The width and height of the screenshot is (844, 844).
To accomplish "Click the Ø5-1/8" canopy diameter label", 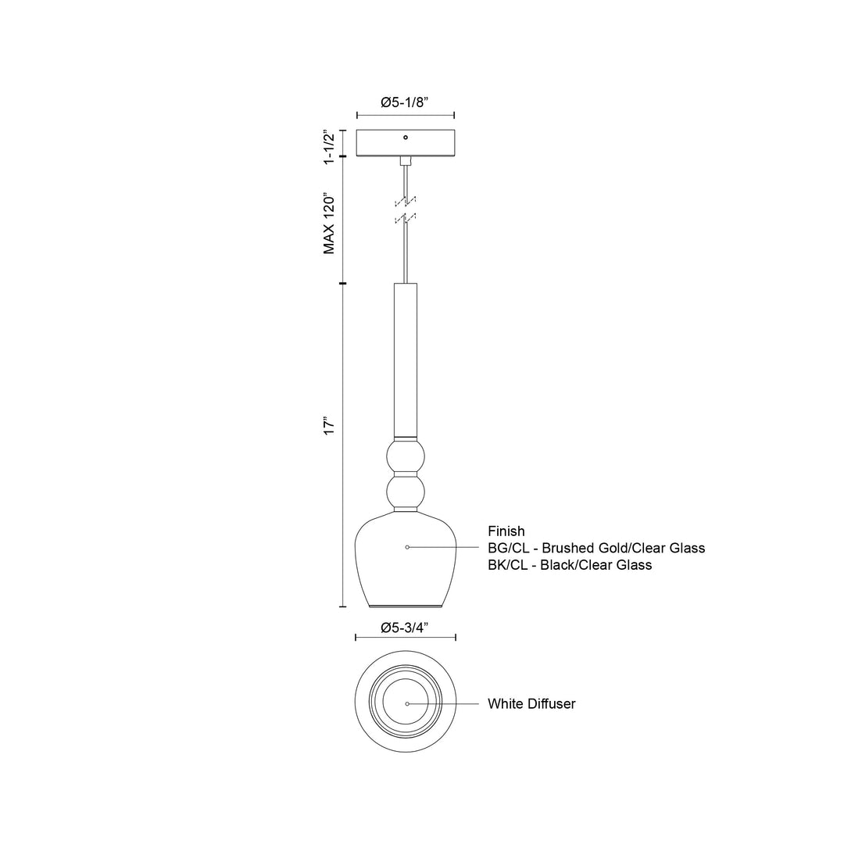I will [406, 102].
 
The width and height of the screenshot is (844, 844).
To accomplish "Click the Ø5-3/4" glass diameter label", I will [406, 627].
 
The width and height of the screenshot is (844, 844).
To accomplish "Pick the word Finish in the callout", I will [506, 531].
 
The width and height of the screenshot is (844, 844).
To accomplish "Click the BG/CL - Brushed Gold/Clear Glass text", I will [596, 548].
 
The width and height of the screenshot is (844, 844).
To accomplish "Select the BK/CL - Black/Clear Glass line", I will [570, 564].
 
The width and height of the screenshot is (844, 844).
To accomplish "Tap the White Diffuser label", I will [531, 703].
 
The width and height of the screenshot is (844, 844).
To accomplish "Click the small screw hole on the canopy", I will [406, 138].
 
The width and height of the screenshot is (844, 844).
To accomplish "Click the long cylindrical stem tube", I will [406, 359].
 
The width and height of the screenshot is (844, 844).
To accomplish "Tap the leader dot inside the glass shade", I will [407, 547].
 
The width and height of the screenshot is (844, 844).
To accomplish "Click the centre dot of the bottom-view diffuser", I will [407, 703].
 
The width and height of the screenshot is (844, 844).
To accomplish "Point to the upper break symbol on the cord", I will [406, 201].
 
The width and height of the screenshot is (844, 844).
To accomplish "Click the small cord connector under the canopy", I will [406, 161].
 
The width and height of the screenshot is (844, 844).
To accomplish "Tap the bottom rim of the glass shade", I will [406, 605].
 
